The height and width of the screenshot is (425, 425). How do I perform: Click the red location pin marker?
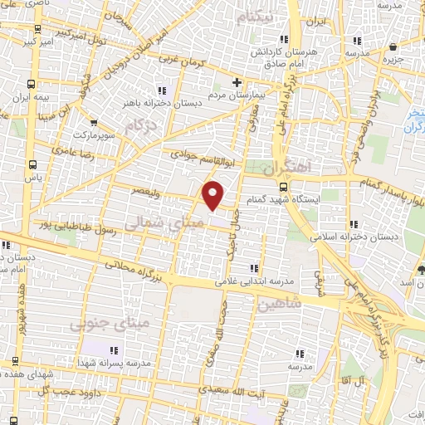point(213,193)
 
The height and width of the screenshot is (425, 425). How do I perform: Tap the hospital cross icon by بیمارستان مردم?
point(237,82)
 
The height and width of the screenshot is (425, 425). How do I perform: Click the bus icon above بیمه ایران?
point(32,84)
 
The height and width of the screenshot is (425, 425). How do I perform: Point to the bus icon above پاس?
point(32,164)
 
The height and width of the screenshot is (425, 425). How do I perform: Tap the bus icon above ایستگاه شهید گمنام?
point(284,186)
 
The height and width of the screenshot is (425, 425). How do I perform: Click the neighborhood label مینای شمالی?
point(157,223)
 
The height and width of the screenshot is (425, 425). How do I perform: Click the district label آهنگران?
point(312,167)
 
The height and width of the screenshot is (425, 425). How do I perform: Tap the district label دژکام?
point(141,127)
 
